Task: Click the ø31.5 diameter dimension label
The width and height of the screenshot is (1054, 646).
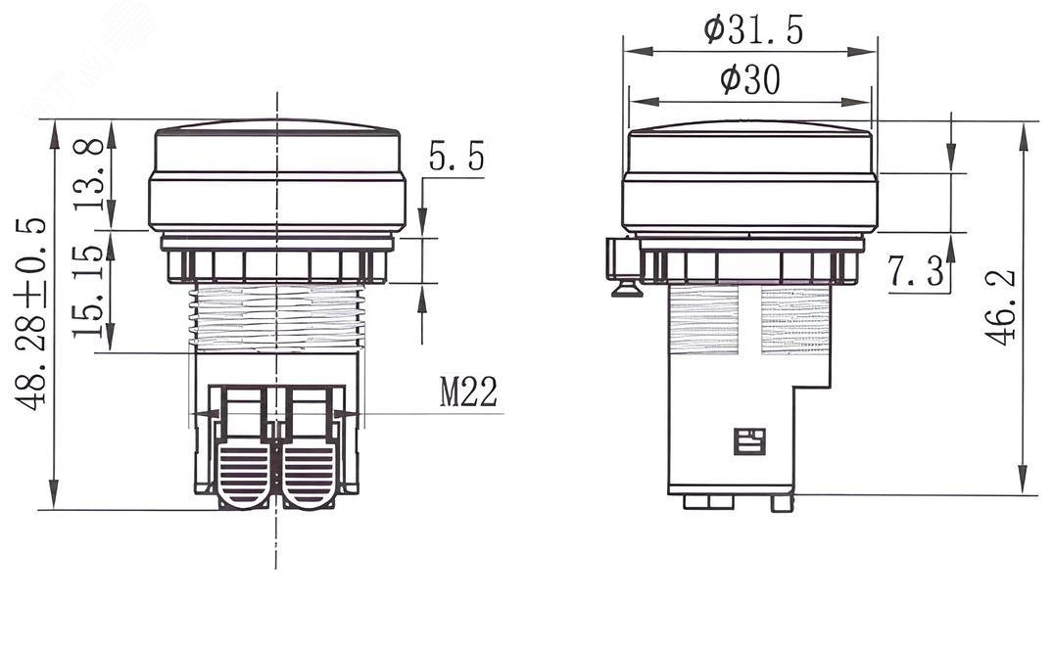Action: (x=753, y=31)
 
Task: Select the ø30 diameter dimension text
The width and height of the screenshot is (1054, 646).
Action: (x=750, y=80)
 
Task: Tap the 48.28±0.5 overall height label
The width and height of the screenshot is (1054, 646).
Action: (x=31, y=313)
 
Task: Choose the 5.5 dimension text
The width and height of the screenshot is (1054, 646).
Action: (x=456, y=158)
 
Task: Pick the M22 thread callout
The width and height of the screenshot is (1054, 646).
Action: (x=468, y=392)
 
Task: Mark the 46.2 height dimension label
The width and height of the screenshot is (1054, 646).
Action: (x=1001, y=307)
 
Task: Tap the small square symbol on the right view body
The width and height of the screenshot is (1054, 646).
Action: (x=749, y=441)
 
